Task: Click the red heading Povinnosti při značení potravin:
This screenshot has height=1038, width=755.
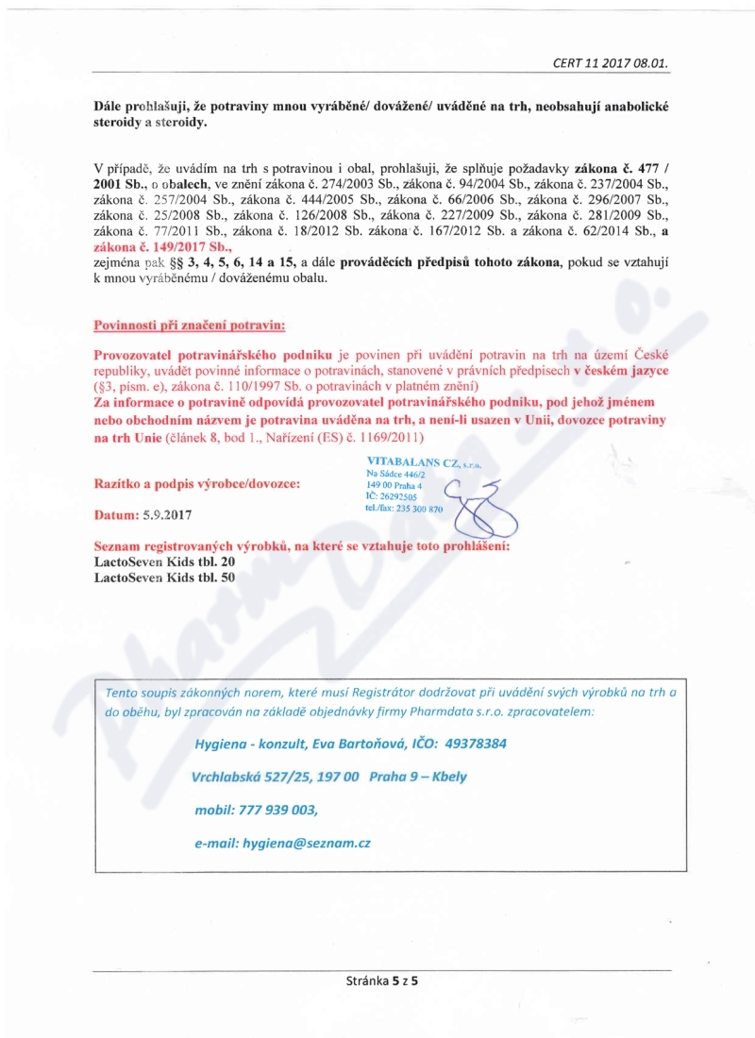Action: click(190, 326)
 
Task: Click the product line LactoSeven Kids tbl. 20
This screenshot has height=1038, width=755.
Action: click(165, 561)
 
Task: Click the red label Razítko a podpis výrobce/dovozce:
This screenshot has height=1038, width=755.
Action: click(198, 483)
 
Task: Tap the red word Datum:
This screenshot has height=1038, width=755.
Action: click(116, 516)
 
